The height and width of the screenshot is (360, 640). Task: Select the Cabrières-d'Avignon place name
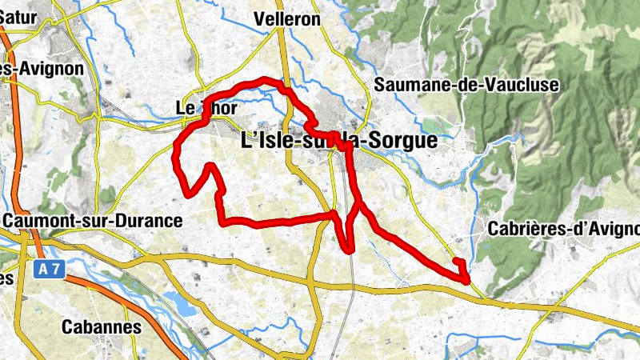coord(562,228)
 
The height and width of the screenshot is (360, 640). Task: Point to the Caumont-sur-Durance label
coord(92,219)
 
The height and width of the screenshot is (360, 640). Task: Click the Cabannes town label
coord(101,326)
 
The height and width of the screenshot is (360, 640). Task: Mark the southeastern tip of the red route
coord(467,279)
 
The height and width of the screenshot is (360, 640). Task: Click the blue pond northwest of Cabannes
coord(177,301)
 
